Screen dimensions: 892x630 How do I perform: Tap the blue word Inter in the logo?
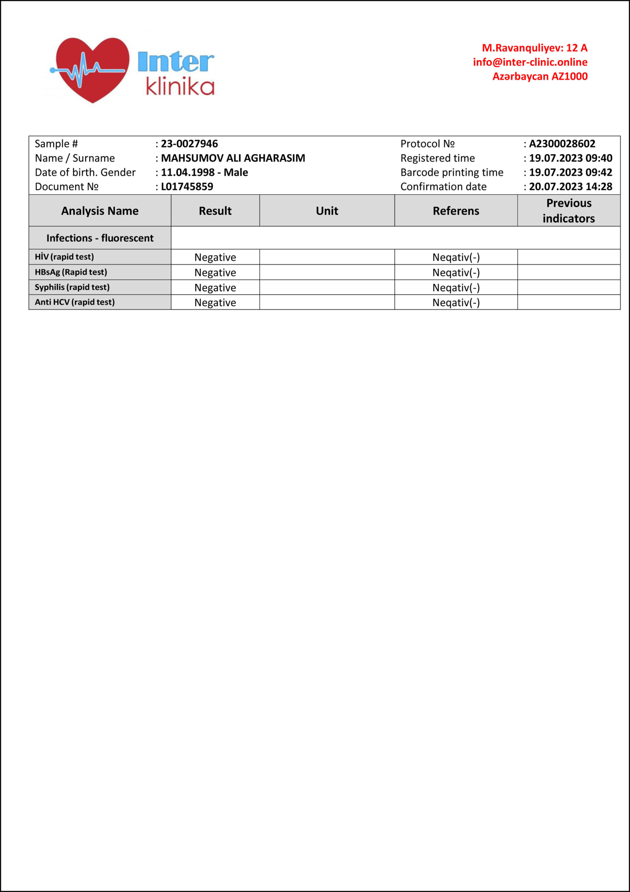pyautogui.click(x=176, y=62)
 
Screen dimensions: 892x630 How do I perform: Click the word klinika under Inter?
pyautogui.click(x=180, y=87)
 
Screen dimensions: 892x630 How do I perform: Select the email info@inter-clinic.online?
pyautogui.click(x=530, y=62)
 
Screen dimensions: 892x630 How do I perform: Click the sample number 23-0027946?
pyautogui.click(x=189, y=144)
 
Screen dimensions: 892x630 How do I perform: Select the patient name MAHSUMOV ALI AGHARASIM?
pyautogui.click(x=233, y=158)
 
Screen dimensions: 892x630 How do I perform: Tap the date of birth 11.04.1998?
pyautogui.click(x=188, y=172)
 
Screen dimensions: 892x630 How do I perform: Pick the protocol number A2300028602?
pyautogui.click(x=562, y=144)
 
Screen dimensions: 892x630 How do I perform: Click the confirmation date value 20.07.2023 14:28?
pyautogui.click(x=570, y=187)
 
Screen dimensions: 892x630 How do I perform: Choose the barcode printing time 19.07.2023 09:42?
pyautogui.click(x=570, y=172)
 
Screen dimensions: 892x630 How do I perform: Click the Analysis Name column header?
pyautogui.click(x=100, y=211)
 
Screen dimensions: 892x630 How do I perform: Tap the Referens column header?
pyautogui.click(x=456, y=211)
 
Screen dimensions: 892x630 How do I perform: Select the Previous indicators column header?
pyautogui.click(x=569, y=211)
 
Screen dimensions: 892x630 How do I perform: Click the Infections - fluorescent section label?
pyautogui.click(x=100, y=238)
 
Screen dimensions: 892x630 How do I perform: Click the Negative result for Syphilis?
pyautogui.click(x=215, y=288)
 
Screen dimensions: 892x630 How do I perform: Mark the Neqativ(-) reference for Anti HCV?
pyautogui.click(x=456, y=303)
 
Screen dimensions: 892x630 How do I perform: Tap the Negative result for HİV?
pyautogui.click(x=215, y=257)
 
